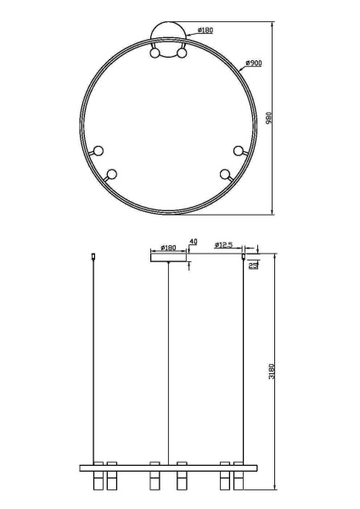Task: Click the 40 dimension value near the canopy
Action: [193, 242]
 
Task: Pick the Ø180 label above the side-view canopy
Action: [167, 248]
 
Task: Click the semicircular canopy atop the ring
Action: [168, 37]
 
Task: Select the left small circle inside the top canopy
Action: [155, 53]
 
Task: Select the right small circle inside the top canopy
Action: [182, 53]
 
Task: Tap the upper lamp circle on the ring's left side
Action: [98, 151]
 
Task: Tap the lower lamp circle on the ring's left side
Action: [111, 175]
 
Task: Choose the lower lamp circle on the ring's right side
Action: [225, 175]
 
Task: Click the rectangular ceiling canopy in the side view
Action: [168, 256]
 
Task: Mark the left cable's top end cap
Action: [93, 254]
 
